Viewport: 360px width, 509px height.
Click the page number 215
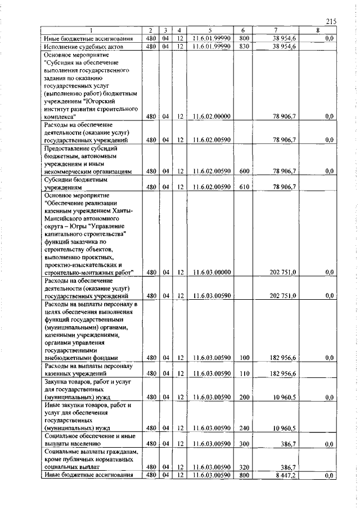[x=330, y=21]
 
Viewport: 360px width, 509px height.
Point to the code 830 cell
[x=244, y=47]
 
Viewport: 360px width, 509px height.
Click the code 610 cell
[x=244, y=186]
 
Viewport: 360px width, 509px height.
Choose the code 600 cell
[x=244, y=170]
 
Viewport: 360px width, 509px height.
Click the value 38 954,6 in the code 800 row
[x=286, y=38]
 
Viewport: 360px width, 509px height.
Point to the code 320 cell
[x=244, y=467]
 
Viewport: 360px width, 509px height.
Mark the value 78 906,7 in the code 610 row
[x=286, y=186]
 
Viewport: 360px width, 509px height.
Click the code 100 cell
[x=244, y=357]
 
